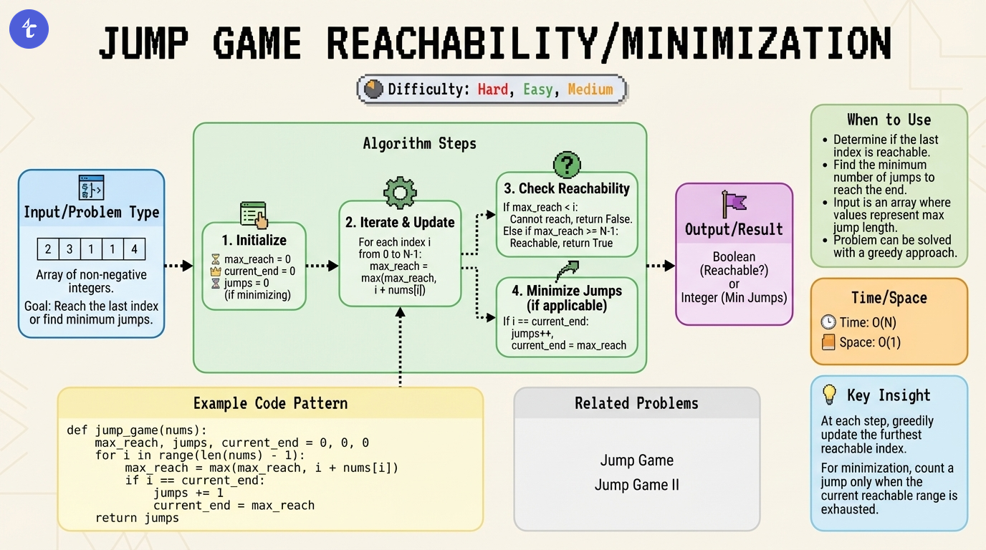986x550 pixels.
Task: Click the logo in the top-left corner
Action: tap(29, 29)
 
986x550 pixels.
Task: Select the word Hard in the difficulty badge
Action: tap(493, 90)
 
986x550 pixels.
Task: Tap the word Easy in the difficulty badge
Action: tap(537, 90)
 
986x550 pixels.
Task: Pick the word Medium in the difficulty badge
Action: tap(590, 90)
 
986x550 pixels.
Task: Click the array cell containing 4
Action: tap(134, 250)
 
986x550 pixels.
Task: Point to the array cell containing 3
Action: tap(70, 250)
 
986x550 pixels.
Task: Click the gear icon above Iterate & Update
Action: tap(400, 193)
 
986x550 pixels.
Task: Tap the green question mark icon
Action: tap(566, 165)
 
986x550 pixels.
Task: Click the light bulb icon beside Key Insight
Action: tap(829, 395)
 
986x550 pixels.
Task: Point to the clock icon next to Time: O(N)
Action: tap(828, 322)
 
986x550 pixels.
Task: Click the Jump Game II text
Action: tap(636, 485)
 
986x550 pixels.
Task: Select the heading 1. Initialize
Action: tap(254, 241)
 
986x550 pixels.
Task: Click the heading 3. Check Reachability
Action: tap(566, 189)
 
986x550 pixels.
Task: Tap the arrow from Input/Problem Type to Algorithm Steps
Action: tap(178, 266)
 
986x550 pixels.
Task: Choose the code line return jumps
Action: tap(137, 518)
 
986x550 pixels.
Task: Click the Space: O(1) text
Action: tap(869, 342)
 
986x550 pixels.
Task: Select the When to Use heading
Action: tap(889, 120)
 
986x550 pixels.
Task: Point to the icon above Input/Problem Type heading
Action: tap(91, 188)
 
